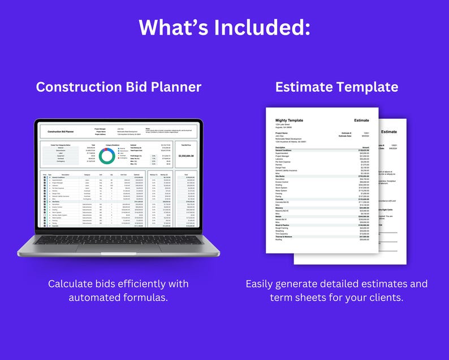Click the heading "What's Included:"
(x=225, y=27)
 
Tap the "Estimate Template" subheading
(x=336, y=87)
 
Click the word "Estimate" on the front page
(x=361, y=121)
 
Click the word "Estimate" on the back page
(x=389, y=132)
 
